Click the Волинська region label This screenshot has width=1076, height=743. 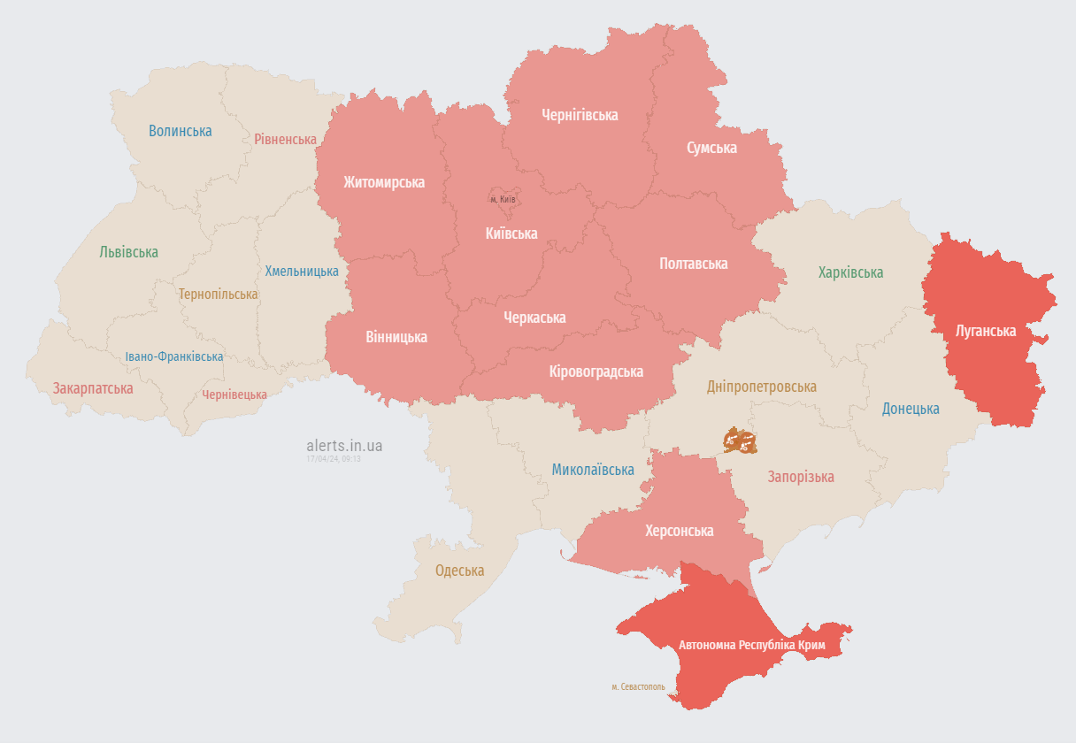181,131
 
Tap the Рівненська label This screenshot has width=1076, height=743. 285,140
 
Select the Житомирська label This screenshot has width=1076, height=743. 384,182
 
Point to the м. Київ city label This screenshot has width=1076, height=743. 503,199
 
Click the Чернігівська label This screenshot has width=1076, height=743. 580,115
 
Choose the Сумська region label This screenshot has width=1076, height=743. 711,148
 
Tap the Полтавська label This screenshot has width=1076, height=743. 694,264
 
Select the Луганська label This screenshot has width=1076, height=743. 986,331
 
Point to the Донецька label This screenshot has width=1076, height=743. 911,409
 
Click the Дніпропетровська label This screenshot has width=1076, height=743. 762,387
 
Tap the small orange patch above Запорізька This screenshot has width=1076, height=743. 740,440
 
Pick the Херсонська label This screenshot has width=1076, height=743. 679,531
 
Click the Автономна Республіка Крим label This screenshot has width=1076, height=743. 752,646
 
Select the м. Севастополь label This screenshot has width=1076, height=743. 638,686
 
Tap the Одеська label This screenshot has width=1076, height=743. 459,571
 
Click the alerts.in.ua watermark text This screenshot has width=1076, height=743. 344,446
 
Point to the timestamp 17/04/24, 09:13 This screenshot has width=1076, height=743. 334,459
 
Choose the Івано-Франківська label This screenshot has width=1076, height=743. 174,356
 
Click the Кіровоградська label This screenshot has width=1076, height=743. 596,371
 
